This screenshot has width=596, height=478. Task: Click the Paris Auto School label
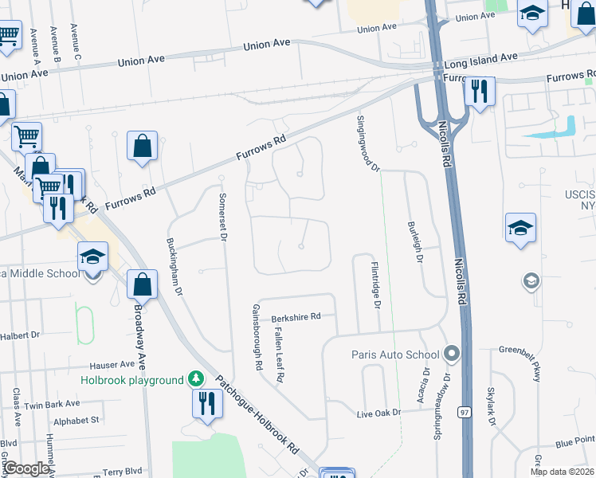click(x=396, y=355)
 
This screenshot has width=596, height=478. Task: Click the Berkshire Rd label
click(x=296, y=316)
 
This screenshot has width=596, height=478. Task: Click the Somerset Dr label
click(x=223, y=214)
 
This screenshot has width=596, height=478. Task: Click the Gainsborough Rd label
click(x=257, y=339)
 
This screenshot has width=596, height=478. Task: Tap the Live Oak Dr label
click(x=376, y=413)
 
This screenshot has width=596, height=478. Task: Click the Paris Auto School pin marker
click(x=453, y=353)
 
